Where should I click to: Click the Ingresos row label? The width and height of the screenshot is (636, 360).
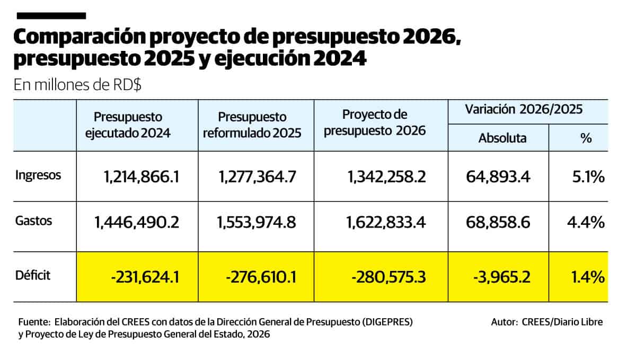pos(38,175)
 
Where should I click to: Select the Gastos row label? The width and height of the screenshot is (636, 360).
pos(34,221)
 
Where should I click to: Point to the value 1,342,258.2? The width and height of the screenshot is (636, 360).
pos(387,177)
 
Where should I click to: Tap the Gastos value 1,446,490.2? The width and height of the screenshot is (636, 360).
pos(137,223)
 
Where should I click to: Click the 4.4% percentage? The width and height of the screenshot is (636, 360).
pos(586,223)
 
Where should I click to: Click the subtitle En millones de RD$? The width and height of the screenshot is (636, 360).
pos(77,85)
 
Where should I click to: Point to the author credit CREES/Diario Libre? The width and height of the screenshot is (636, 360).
pos(562,322)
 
